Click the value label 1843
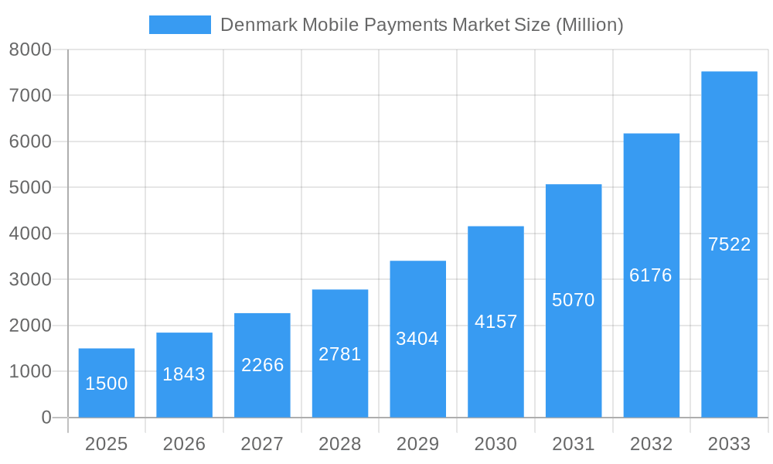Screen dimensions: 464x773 (184, 374)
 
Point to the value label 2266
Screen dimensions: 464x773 (262, 365)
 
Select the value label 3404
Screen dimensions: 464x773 (417, 339)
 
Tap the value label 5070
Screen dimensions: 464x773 (574, 300)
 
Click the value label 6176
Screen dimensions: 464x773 (651, 275)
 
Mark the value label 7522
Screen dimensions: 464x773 (729, 244)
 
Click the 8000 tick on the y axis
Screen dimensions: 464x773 (30, 49)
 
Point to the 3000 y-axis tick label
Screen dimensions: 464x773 (30, 279)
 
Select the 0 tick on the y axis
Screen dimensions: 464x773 (46, 418)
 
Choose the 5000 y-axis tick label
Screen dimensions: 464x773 (30, 187)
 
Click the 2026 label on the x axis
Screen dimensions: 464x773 (184, 444)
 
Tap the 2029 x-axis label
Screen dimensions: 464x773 (417, 444)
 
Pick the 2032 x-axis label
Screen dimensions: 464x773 (651, 444)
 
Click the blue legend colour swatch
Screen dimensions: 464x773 (179, 25)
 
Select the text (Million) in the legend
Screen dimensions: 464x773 (589, 25)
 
